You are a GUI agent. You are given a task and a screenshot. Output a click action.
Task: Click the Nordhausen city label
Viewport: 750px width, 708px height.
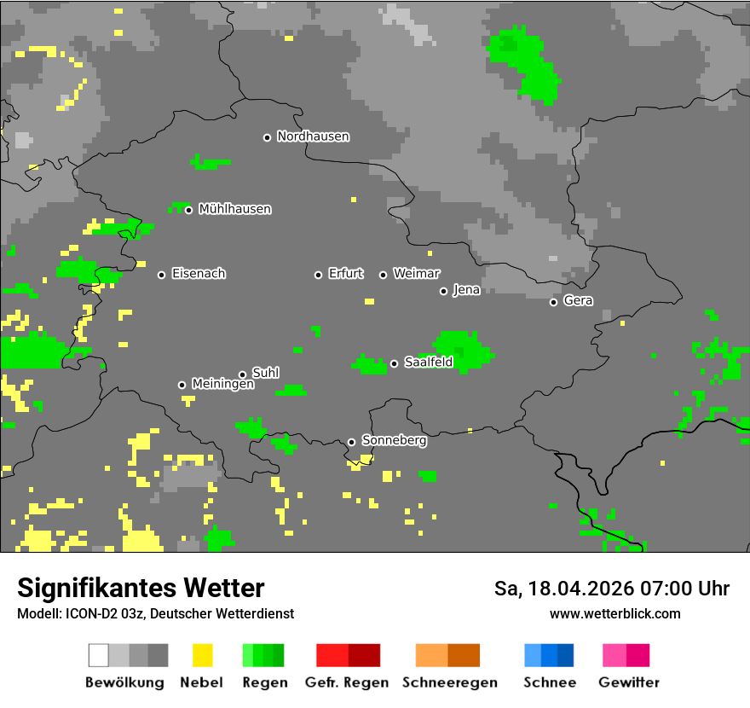313,136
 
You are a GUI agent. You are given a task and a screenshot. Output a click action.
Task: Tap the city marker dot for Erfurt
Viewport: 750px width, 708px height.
318,275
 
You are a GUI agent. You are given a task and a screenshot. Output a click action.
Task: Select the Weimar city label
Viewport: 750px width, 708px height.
416,274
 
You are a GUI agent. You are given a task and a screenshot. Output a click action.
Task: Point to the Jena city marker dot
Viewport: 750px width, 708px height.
443,291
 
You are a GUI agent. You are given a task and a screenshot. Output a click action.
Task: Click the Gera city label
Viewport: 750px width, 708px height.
578,300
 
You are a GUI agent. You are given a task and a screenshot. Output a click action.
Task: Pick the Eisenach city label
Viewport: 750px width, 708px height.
198,274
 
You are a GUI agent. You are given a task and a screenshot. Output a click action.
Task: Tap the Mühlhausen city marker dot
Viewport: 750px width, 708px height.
188,210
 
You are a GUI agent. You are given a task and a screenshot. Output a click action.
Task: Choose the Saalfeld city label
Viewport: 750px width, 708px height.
428,363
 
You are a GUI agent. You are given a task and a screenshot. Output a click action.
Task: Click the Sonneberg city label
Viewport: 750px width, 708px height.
394,441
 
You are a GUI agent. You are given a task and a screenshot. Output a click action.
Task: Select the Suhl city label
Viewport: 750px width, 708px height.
265,373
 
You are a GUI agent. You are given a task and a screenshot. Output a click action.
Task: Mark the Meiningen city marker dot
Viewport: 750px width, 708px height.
182,385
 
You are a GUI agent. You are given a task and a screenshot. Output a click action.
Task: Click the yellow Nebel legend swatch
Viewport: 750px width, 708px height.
202,655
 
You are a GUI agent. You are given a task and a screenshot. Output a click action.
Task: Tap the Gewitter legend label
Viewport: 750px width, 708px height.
628,682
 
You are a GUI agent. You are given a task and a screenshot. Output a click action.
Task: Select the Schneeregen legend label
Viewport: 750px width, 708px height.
449,682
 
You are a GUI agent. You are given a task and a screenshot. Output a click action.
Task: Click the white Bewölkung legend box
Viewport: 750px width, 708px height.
99,655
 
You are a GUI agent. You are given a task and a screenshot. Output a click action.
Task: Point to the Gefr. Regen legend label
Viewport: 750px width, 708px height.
346,682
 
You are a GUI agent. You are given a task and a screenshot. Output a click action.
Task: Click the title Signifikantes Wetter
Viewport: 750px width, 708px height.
141,589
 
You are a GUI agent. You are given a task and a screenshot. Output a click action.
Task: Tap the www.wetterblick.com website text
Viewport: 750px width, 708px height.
614,614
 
